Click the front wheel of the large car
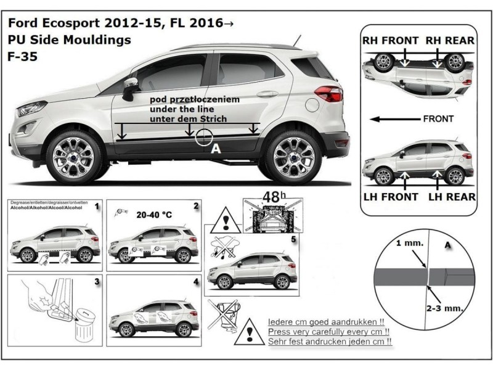[x=74, y=155]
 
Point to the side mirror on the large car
[x=131, y=87]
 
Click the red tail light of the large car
[x=328, y=94]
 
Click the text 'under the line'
[x=179, y=109]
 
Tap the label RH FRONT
[x=390, y=41]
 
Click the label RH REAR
[x=450, y=41]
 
